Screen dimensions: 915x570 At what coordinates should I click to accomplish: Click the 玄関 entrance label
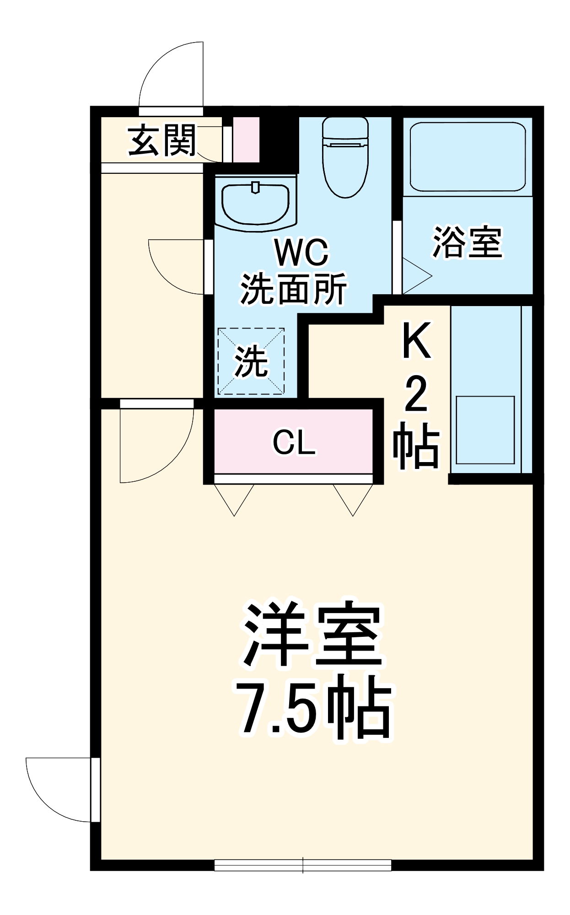point(162,140)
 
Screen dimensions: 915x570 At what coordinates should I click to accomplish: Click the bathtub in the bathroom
point(467,156)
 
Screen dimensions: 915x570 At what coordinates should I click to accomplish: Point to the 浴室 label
point(467,242)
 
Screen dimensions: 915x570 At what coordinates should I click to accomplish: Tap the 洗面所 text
point(293,289)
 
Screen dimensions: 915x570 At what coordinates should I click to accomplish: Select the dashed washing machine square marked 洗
point(251,361)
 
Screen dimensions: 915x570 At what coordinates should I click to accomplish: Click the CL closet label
point(294,442)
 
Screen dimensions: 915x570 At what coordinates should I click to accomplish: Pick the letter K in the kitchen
point(416,341)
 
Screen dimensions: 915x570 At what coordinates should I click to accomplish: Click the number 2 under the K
point(416,394)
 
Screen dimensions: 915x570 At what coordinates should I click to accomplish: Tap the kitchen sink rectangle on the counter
point(485,430)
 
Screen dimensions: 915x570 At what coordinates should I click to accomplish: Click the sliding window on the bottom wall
point(303,865)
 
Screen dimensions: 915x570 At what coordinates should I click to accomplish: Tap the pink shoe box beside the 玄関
point(246,140)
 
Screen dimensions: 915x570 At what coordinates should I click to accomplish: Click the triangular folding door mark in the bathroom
point(415,276)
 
